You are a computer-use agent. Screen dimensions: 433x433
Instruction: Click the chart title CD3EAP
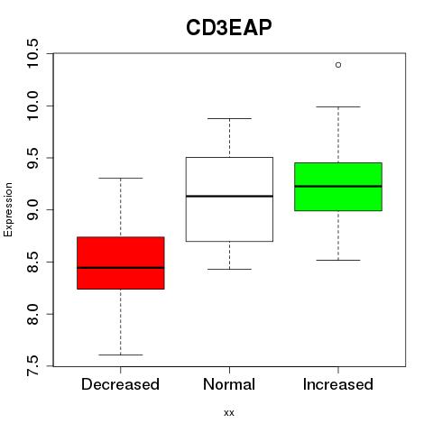tap(229, 27)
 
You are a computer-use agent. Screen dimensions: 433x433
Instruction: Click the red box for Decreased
tap(121, 263)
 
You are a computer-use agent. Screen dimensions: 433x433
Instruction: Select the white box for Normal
tap(229, 199)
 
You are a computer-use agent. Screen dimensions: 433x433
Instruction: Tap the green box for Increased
tap(338, 187)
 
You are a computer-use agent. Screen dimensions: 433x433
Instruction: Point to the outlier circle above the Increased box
tap(338, 65)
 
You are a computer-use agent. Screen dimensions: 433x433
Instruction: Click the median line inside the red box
tap(121, 267)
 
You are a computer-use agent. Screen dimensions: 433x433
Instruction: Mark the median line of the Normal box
tap(229, 196)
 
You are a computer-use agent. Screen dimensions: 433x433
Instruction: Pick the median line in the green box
tap(338, 187)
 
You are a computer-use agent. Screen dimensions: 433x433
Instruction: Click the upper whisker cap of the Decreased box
tap(121, 178)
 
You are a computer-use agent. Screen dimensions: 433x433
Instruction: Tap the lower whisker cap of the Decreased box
tap(121, 355)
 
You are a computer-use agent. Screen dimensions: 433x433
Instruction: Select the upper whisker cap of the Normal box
tap(229, 118)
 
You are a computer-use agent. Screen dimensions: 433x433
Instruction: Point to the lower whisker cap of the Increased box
tap(338, 260)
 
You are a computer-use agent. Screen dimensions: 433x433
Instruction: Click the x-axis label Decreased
tap(120, 384)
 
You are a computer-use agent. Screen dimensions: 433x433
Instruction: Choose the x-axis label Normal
tap(229, 384)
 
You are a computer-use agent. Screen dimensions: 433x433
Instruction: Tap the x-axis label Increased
tap(338, 384)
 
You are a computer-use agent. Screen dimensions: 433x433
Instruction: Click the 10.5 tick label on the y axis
tap(32, 53)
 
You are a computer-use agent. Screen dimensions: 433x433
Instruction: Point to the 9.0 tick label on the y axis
tap(32, 209)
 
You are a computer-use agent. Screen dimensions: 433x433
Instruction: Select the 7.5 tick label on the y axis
tap(32, 366)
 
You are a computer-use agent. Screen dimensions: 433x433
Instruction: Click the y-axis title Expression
tap(8, 209)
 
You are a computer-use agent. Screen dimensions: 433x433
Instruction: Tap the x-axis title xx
tap(229, 413)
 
